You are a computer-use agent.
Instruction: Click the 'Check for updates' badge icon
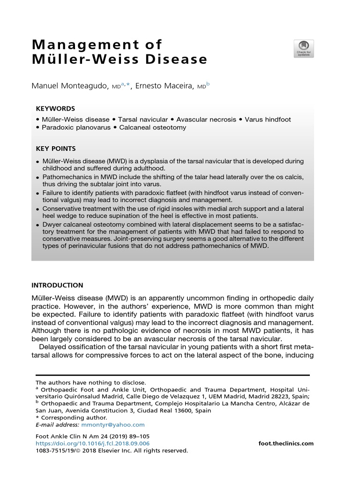(x=303, y=49)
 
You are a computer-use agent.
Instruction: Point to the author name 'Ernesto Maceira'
(x=164, y=86)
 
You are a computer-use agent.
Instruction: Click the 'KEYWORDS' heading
(x=55, y=108)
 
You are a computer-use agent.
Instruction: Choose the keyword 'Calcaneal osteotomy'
(x=152, y=127)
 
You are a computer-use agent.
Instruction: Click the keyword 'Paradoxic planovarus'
(x=76, y=127)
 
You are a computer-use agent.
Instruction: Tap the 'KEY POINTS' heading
(x=56, y=149)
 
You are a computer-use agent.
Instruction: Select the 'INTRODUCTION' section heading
(x=57, y=285)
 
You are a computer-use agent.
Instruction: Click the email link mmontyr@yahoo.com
(x=113, y=425)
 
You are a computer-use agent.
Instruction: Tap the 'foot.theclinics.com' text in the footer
(x=286, y=443)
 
